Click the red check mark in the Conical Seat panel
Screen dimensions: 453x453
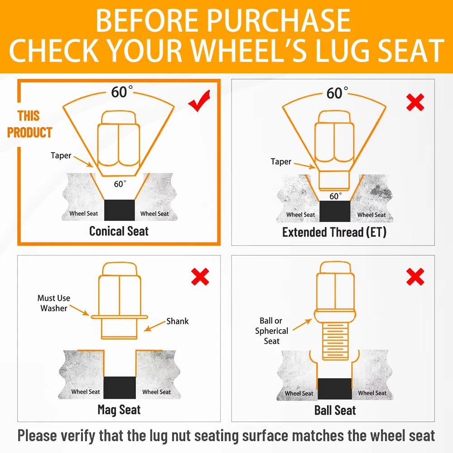199,101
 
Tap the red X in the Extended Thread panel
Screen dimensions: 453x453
415,102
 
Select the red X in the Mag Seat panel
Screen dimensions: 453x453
200,277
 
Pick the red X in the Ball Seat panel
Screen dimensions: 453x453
415,277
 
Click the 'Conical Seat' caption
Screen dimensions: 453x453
119,231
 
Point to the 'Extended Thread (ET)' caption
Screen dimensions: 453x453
334,232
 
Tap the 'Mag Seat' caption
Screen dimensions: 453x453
119,410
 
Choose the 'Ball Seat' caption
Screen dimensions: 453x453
335,410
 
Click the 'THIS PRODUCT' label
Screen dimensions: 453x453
29,124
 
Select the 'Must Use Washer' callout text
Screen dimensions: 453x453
54,303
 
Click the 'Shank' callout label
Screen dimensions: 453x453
178,321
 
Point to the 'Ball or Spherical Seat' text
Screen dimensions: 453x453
271,331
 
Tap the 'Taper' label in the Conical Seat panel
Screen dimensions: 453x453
61,155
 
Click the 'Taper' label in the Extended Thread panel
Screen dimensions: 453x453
281,162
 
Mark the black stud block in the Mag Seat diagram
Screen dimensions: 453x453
120,388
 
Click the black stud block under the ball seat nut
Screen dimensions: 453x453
335,389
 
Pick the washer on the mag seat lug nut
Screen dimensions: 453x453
119,317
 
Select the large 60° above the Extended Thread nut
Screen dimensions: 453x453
337,93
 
